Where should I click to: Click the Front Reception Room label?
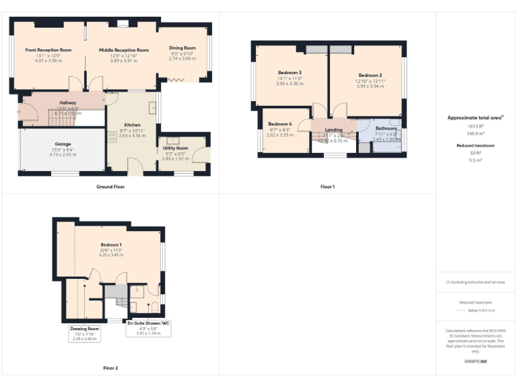tap(48, 50)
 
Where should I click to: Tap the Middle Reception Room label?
tap(124, 50)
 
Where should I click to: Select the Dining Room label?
tap(182, 48)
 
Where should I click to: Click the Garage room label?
tap(63, 143)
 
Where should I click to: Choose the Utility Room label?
tap(176, 148)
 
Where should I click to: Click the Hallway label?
tap(67, 102)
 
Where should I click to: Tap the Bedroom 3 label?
tap(289, 73)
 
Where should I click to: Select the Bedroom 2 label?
tap(370, 75)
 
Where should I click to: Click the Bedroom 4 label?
tap(280, 124)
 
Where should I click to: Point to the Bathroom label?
tap(386, 128)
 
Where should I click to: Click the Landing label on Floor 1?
tap(334, 129)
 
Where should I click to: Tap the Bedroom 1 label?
tap(112, 244)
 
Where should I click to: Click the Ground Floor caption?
tap(110, 187)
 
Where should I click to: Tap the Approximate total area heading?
tap(475, 117)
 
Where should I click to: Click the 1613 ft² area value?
tap(475, 126)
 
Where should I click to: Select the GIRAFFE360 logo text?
tap(475, 362)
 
